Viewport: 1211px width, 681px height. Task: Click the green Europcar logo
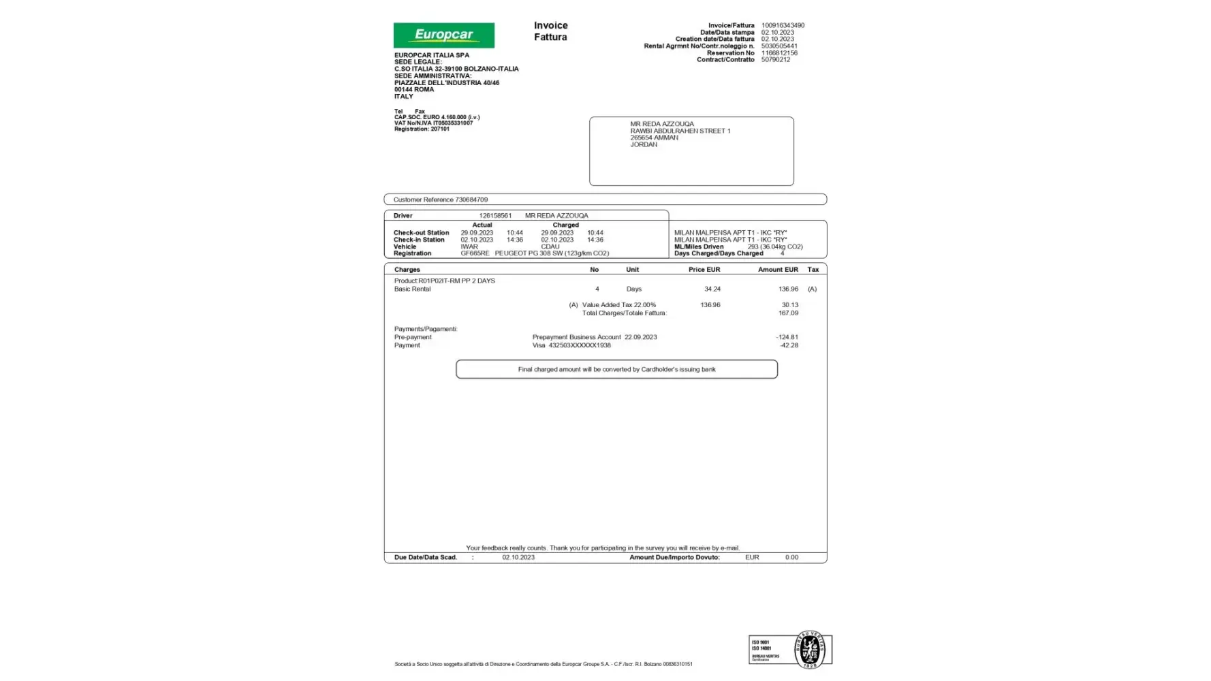pos(443,35)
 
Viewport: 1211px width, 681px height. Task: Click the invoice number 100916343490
pos(783,26)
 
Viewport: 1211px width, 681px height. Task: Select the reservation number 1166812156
pos(779,53)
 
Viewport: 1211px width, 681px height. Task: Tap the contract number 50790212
pos(775,60)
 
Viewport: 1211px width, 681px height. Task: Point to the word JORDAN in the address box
pos(644,145)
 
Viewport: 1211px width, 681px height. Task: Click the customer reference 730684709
pos(471,200)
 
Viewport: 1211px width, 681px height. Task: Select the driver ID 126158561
pos(495,216)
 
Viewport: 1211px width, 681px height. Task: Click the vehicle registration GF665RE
pos(475,253)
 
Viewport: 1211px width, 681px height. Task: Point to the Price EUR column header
pos(704,270)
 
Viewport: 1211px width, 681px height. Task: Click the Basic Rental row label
pos(412,289)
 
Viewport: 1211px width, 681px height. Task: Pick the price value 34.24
pos(712,289)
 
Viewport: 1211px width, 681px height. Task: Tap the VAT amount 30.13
pos(789,305)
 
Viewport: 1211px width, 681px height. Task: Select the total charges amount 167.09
pos(788,313)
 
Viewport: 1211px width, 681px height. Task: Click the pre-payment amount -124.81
pos(787,337)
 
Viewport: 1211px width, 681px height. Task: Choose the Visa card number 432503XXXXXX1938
pos(580,345)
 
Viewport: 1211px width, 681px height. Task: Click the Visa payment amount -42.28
pos(789,345)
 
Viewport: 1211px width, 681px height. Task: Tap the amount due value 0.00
pos(791,558)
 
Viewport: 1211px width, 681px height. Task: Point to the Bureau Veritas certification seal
pos(809,650)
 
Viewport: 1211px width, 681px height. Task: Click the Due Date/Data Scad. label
pos(425,558)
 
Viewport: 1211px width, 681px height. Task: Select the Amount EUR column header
pos(778,270)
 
